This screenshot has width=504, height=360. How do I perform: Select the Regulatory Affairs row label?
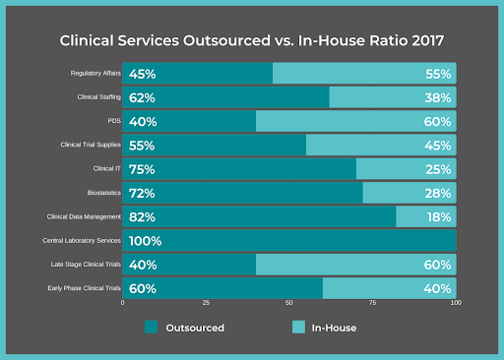point(94,74)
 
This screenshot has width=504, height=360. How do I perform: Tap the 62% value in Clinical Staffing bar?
point(143,97)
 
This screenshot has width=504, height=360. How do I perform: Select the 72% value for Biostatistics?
point(143,194)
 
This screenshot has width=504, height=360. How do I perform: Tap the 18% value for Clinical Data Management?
point(438,217)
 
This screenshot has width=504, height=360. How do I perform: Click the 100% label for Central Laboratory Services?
point(146,241)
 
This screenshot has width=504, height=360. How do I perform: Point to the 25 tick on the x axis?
point(206,304)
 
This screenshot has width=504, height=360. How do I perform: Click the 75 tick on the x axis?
point(373,304)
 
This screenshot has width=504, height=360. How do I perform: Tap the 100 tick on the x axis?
point(455,304)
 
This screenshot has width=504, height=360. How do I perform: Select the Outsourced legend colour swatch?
point(152,328)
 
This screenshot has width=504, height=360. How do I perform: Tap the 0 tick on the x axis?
point(123,304)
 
